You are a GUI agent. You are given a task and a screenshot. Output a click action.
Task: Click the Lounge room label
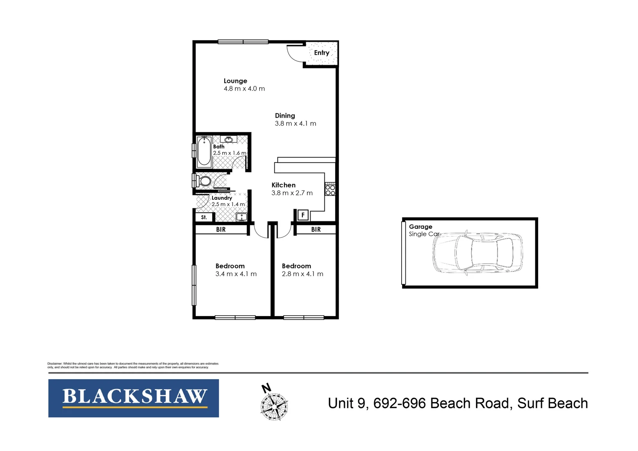click(235, 81)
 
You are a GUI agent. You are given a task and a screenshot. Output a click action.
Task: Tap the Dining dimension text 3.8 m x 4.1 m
click(295, 124)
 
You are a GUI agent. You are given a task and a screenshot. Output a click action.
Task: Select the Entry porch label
click(322, 53)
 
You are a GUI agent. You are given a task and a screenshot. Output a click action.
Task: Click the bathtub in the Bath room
click(204, 152)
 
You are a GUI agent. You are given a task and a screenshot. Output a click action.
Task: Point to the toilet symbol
click(204, 181)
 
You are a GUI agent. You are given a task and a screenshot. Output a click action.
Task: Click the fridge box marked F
click(303, 215)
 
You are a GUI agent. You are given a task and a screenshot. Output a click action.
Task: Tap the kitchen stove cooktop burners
click(330, 190)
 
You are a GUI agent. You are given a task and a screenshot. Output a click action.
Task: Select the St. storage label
click(204, 217)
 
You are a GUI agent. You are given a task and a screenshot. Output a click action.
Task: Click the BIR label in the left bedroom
click(221, 229)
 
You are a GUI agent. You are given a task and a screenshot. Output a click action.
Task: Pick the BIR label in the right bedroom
click(316, 229)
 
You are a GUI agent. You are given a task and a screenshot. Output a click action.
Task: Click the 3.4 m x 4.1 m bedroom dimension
click(236, 274)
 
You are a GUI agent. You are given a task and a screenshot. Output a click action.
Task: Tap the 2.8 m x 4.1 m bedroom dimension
click(302, 274)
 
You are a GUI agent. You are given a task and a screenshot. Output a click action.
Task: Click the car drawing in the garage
click(478, 253)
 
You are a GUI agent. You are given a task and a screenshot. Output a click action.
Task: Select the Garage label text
click(420, 227)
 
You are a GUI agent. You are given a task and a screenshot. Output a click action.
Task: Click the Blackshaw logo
click(134, 398)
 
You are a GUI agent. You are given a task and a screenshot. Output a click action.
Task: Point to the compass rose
click(274, 405)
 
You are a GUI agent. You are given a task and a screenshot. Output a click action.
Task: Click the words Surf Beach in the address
click(552, 403)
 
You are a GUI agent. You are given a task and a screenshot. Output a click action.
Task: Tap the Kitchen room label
click(284, 185)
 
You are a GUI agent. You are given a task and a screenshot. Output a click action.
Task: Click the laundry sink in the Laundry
click(241, 217)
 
